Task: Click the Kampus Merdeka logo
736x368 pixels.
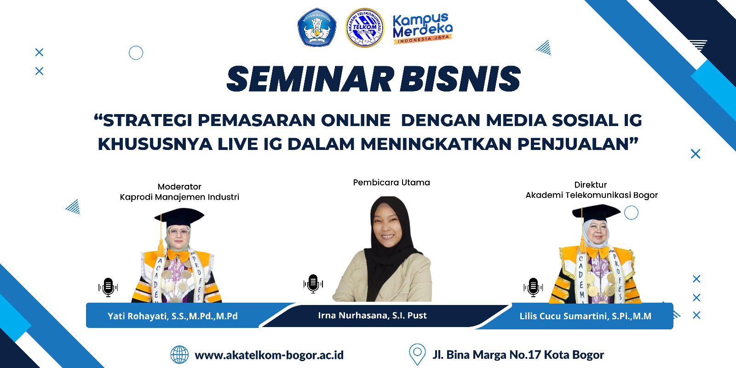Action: click(x=423, y=28)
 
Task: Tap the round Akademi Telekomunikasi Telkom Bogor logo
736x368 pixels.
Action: click(x=365, y=28)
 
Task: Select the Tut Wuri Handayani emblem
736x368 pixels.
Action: click(x=317, y=27)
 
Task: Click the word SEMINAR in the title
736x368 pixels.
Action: click(x=310, y=79)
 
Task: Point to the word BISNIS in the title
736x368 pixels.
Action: click(x=460, y=79)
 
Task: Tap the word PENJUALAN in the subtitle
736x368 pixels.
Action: click(x=573, y=144)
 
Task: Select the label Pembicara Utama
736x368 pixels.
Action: click(x=391, y=182)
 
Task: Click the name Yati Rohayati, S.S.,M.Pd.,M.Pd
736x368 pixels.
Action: click(x=172, y=316)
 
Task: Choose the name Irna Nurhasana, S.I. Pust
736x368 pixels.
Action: click(x=372, y=316)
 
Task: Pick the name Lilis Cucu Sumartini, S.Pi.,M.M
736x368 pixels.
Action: click(x=585, y=316)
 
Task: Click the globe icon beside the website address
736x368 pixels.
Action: click(x=179, y=355)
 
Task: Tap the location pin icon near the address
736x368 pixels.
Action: click(x=417, y=354)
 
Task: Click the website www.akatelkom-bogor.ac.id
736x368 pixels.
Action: click(x=269, y=355)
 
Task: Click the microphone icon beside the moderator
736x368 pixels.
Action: click(x=108, y=287)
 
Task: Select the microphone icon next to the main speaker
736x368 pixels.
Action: click(x=313, y=283)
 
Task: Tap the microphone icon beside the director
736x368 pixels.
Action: click(x=533, y=287)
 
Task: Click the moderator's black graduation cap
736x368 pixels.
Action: click(x=179, y=217)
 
